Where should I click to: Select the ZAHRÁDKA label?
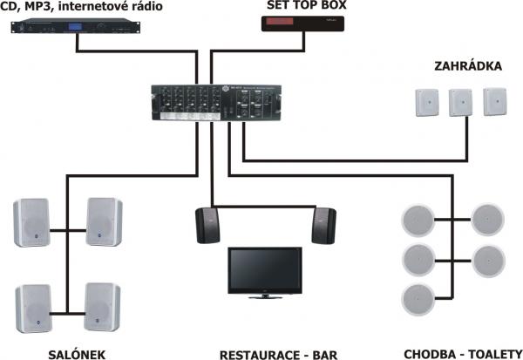pos(465,66)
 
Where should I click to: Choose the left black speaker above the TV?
pos(207,224)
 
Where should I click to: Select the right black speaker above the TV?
pos(323,224)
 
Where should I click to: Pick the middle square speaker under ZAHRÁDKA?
pos(461,103)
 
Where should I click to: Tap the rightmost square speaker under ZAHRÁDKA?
pos(495,101)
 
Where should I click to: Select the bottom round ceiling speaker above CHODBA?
pos(415,298)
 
